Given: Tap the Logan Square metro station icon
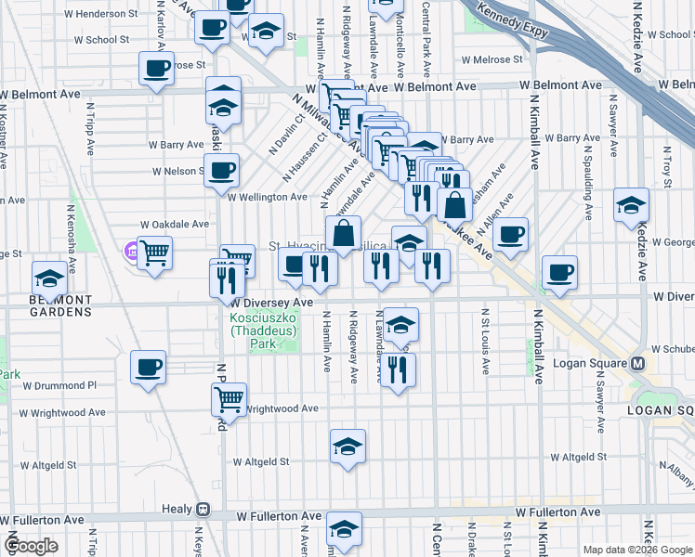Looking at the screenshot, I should point(638,362).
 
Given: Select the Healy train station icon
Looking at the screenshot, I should point(202,510).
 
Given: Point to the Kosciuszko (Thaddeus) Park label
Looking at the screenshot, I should point(258,330).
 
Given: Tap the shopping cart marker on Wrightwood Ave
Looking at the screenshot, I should point(229,399).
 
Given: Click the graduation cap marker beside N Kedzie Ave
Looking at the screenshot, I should point(631,205).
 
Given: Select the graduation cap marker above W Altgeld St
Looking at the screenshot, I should point(348,447).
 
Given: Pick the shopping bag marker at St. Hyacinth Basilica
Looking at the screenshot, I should point(343,232).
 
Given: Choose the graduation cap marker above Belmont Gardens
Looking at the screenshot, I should point(49,278).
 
